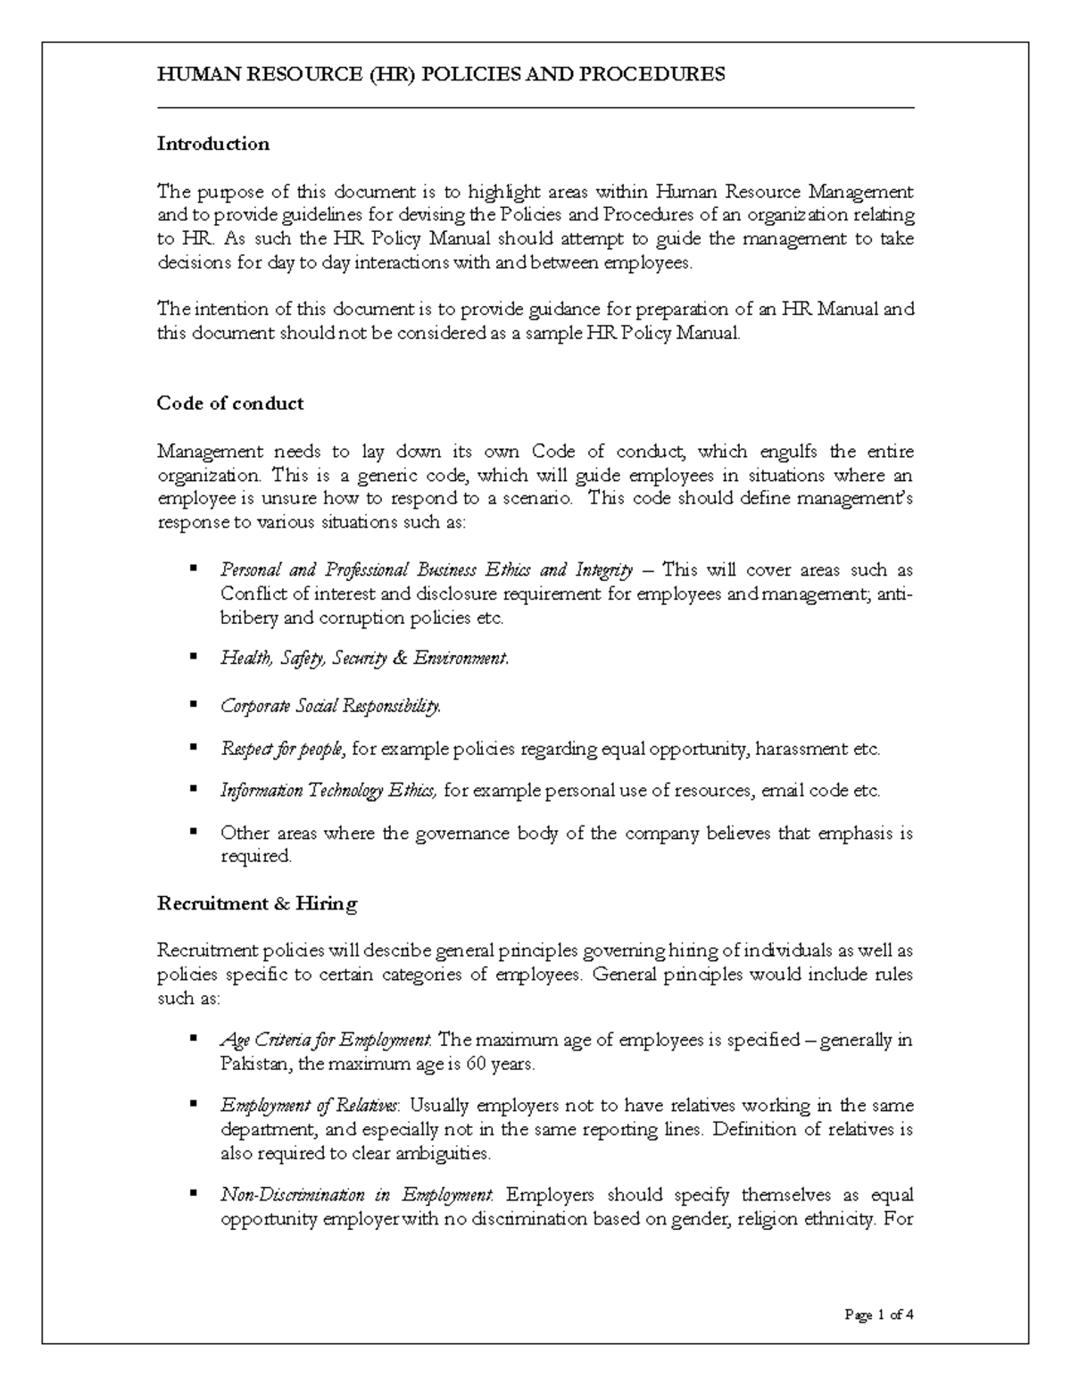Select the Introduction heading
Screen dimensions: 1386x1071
pyautogui.click(x=212, y=144)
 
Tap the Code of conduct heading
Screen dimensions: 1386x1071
pyautogui.click(x=229, y=403)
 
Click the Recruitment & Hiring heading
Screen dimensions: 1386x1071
pyautogui.click(x=256, y=903)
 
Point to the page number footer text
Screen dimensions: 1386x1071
pyautogui.click(x=878, y=1314)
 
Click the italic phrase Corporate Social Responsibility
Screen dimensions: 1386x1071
pyautogui.click(x=330, y=707)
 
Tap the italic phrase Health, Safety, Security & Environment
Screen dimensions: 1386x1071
pyautogui.click(x=364, y=659)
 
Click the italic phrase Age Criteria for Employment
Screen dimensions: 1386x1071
pyautogui.click(x=326, y=1041)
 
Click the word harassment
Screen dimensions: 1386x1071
pyautogui.click(x=801, y=749)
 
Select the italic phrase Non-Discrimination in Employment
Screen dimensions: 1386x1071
pyautogui.click(x=356, y=1195)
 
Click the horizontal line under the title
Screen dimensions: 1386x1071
pyautogui.click(x=535, y=108)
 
